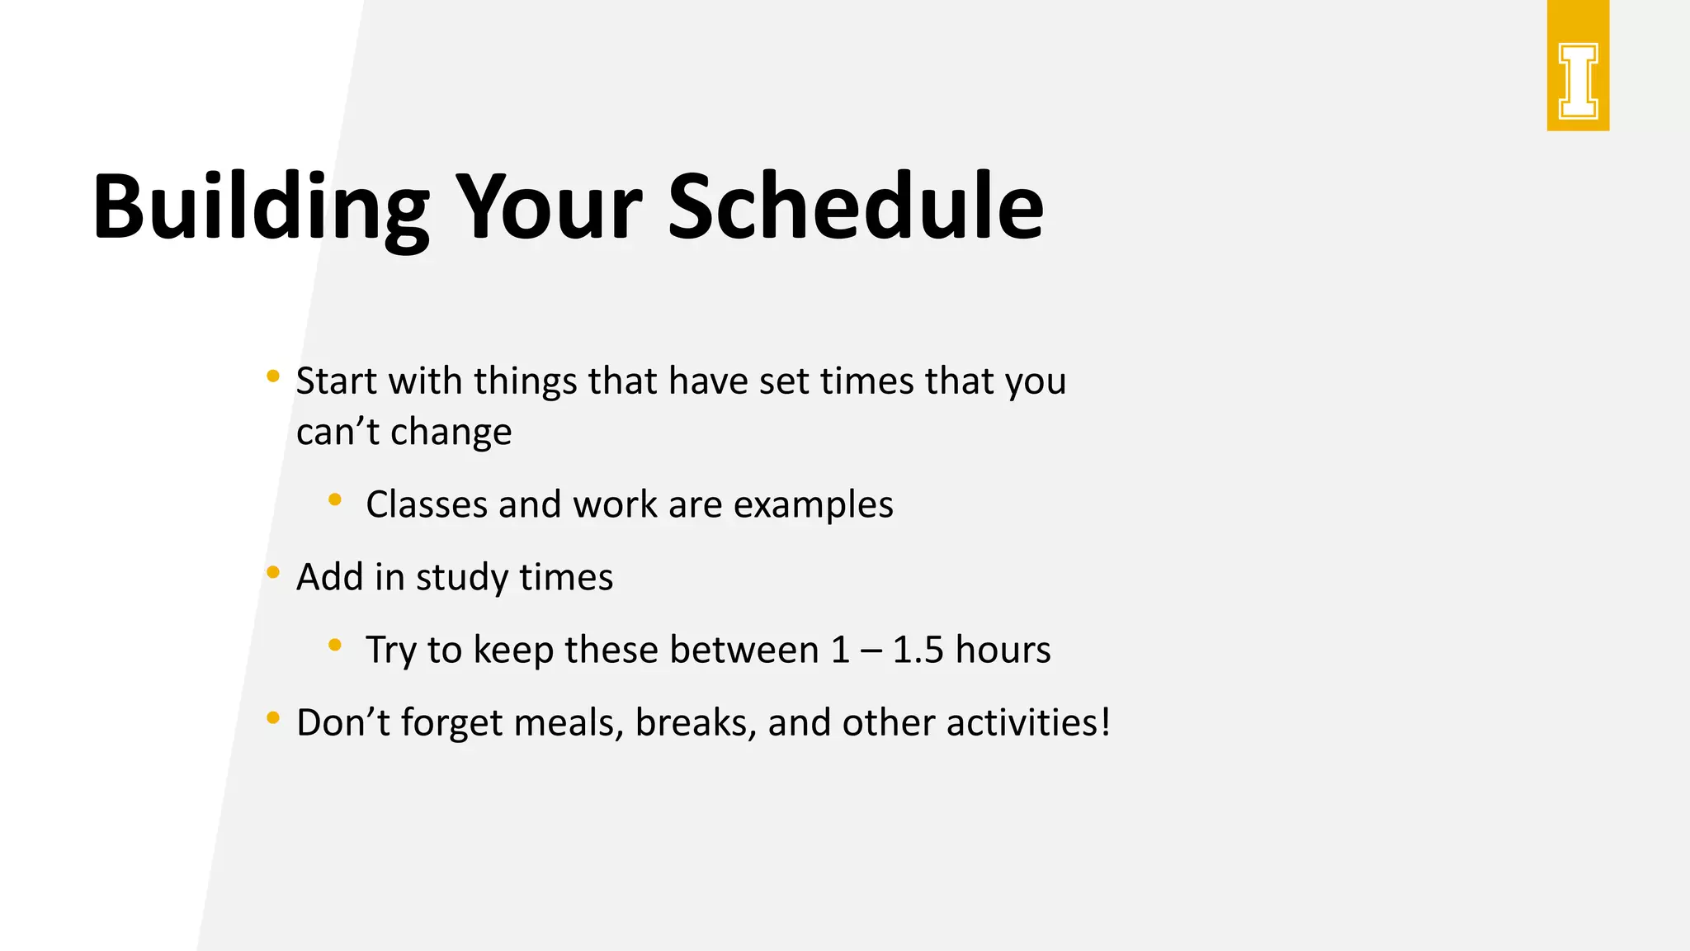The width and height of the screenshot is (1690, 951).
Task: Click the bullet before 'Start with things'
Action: (273, 377)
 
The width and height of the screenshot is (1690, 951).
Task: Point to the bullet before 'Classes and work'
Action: (335, 499)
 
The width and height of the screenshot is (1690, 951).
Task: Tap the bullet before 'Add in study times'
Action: (273, 571)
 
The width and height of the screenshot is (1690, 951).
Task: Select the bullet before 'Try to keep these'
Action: (335, 645)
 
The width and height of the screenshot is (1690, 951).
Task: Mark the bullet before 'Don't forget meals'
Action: (273, 717)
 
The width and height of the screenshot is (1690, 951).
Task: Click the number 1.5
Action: (918, 650)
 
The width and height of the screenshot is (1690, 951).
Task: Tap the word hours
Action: (1003, 650)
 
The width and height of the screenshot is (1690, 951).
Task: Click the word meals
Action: (568, 722)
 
